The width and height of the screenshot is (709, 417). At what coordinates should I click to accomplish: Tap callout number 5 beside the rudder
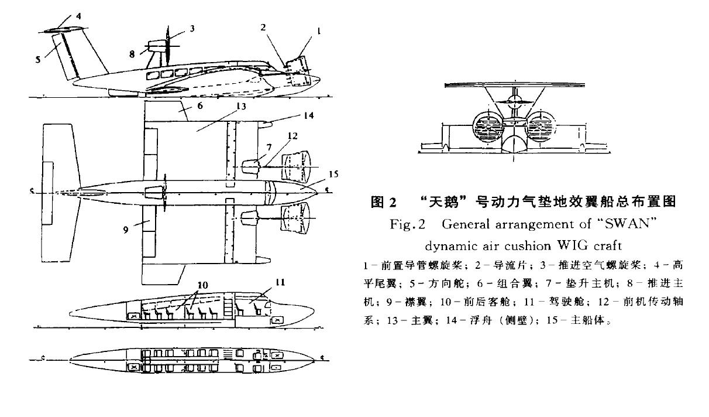(38, 59)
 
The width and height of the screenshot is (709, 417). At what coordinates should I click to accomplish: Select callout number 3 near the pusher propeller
(192, 28)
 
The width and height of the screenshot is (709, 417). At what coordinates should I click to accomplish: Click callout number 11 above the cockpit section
(280, 282)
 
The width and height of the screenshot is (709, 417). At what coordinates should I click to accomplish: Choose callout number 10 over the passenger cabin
(203, 285)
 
